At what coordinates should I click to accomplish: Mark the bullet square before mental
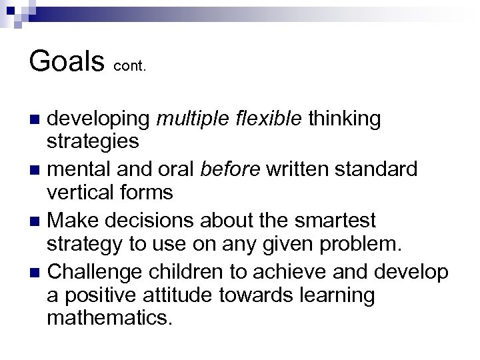37,171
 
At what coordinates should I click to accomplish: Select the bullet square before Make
37,221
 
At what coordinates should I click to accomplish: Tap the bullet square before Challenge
37,271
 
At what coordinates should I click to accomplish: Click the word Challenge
98,271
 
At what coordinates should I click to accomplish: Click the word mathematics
109,319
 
